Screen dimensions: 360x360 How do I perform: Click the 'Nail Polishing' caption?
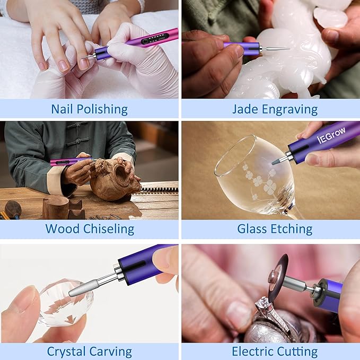[89, 109]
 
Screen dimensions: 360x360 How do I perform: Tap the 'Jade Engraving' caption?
[275, 109]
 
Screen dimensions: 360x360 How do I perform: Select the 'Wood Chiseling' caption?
[89, 229]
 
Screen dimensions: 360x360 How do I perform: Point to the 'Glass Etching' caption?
[275, 229]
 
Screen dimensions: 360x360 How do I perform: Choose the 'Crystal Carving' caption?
[89, 351]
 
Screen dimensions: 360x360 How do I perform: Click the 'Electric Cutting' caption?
[275, 351]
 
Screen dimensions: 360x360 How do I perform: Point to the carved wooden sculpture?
[114, 180]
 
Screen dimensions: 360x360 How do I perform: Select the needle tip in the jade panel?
[276, 49]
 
